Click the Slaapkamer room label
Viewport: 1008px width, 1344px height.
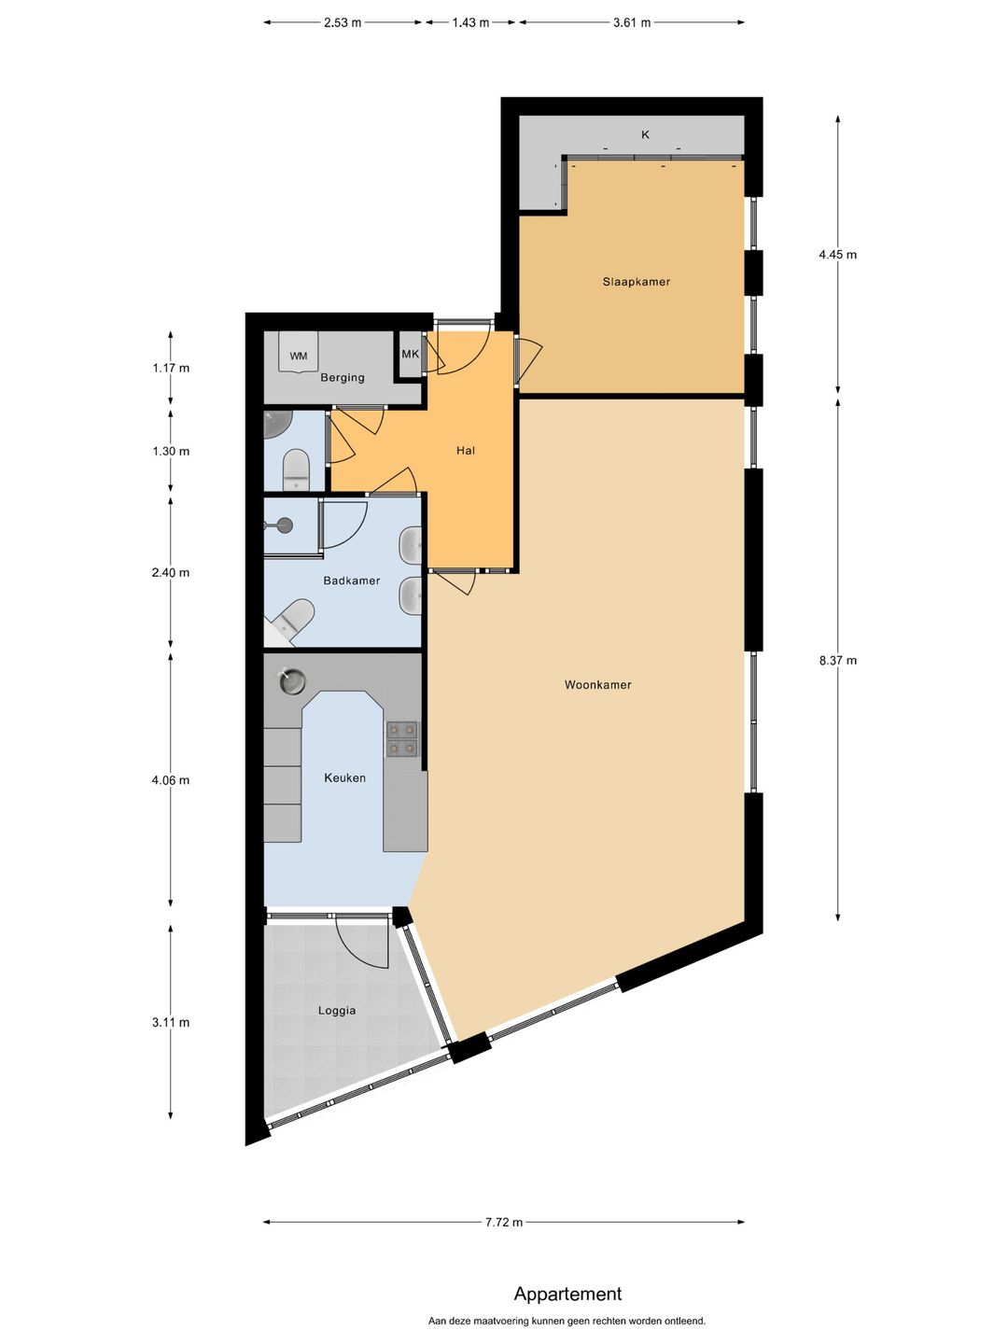click(x=636, y=282)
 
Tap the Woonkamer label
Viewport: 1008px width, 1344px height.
click(x=597, y=684)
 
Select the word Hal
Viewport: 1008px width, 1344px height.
click(x=466, y=451)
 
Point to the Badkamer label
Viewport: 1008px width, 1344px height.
click(x=351, y=581)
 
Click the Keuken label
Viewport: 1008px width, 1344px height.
click(x=344, y=777)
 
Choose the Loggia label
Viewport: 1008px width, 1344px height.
click(x=337, y=1010)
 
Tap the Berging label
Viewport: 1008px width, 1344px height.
click(x=343, y=377)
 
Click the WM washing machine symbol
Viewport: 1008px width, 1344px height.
click(x=299, y=352)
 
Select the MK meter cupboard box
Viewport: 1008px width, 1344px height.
click(x=411, y=355)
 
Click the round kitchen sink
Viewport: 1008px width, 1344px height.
click(x=292, y=681)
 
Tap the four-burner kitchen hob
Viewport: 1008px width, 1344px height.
click(x=401, y=739)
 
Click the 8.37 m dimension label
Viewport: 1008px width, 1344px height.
click(x=838, y=660)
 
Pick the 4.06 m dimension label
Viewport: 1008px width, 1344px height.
click(x=171, y=780)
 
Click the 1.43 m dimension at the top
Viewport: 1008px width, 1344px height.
click(x=470, y=22)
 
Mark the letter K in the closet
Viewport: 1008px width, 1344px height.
click(x=645, y=134)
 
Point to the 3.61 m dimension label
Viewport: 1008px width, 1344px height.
click(x=632, y=22)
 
